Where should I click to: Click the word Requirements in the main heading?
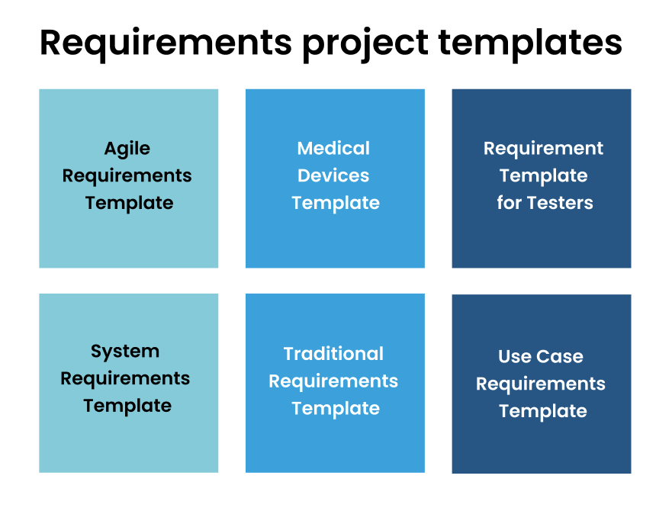(x=166, y=43)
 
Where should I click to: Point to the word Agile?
(x=127, y=149)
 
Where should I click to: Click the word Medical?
(x=333, y=149)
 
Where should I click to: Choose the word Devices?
(x=333, y=175)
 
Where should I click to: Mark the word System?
(x=125, y=352)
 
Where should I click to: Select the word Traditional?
(x=333, y=354)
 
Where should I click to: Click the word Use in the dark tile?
(x=514, y=356)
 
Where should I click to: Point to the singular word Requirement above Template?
(x=543, y=149)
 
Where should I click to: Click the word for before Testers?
(x=510, y=203)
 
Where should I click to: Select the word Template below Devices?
(x=336, y=203)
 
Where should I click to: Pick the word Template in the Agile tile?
(x=129, y=203)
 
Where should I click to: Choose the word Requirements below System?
(x=125, y=378)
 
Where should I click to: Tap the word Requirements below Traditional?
(x=333, y=381)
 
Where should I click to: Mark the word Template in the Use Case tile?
(x=543, y=411)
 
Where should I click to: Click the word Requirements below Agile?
(x=127, y=176)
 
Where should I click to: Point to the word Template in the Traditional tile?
(x=336, y=408)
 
